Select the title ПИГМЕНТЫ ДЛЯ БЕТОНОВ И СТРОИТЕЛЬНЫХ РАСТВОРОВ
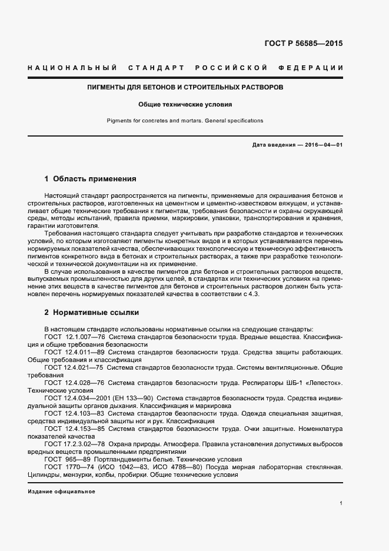click(185, 87)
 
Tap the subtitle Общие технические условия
click(185, 105)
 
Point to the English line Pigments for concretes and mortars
click(185, 121)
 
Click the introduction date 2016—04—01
click(322, 145)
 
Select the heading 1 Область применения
click(90, 178)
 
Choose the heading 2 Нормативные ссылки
click(91, 312)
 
